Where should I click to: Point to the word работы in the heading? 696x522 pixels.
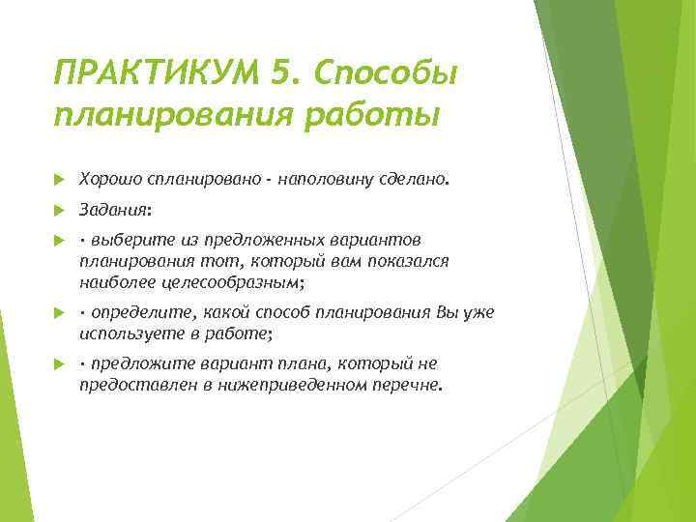click(383, 115)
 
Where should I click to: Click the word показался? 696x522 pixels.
click(407, 261)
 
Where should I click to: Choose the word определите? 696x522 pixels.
click(141, 312)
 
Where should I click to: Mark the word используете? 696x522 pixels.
click(131, 333)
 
